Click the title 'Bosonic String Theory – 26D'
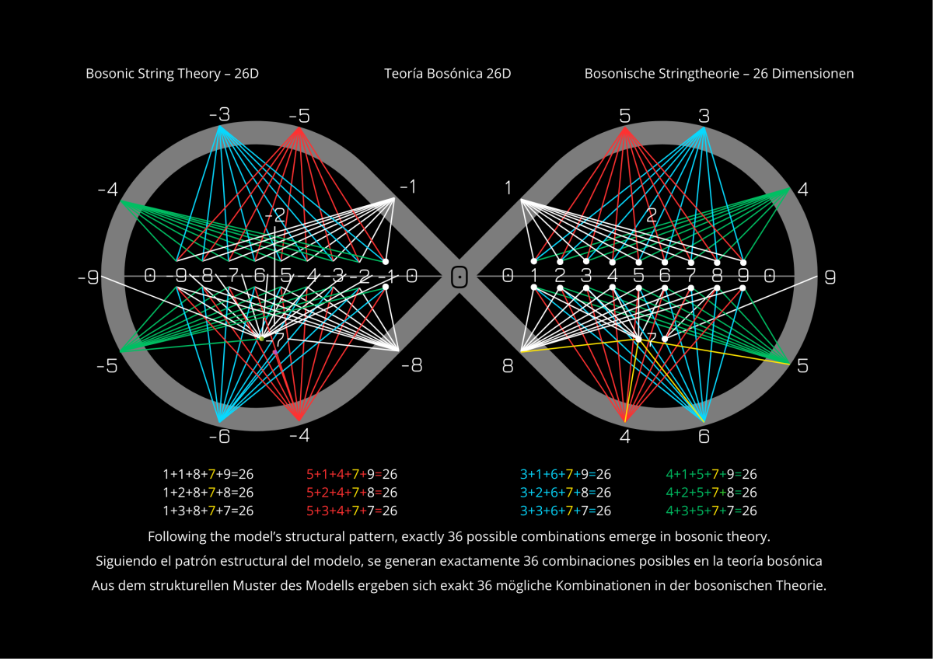coord(172,74)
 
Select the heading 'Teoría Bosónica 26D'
coord(447,74)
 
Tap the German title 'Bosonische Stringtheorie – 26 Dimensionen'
coord(719,74)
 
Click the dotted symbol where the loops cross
coord(460,276)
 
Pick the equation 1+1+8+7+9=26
coord(208,474)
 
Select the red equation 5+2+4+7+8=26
coord(352,493)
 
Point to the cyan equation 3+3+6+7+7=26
coord(565,511)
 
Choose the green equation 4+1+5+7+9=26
coord(711,474)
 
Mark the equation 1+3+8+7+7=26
coord(208,511)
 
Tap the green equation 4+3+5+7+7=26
coord(711,511)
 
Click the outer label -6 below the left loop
coord(219,437)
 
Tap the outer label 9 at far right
coord(830,277)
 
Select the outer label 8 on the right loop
coord(508,365)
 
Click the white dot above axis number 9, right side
coord(743,262)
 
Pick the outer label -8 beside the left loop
coord(412,365)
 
